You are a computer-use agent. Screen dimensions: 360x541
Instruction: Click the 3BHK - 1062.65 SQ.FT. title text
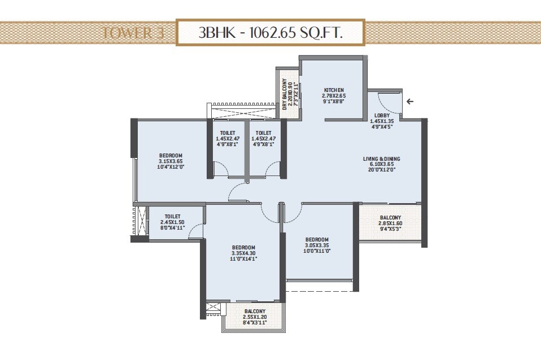[x=270, y=33]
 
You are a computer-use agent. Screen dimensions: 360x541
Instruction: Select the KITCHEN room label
[x=334, y=90]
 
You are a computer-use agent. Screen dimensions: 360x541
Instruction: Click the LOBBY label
[x=381, y=115]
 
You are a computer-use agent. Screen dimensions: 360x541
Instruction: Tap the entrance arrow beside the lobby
[x=409, y=102]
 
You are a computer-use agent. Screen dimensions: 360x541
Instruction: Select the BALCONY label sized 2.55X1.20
[x=255, y=311]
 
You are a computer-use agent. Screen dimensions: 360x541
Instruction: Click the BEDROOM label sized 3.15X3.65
[x=170, y=156]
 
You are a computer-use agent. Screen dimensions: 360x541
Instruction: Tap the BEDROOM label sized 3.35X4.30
[x=243, y=248]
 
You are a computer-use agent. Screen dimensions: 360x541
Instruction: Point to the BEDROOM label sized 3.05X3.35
[x=317, y=238]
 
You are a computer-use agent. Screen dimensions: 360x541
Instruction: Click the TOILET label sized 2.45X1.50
[x=173, y=216]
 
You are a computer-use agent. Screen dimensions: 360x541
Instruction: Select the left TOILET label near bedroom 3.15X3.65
[x=228, y=133]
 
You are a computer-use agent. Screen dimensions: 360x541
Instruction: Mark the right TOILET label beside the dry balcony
[x=263, y=133]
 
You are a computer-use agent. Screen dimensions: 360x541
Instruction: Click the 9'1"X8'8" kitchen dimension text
[x=334, y=102]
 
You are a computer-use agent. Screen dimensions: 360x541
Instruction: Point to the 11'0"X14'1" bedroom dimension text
[x=243, y=260]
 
